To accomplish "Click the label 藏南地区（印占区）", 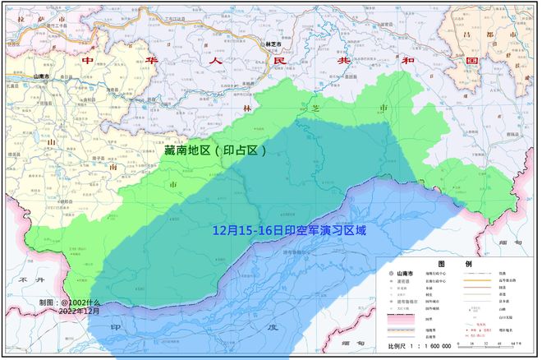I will click(x=215, y=150).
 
